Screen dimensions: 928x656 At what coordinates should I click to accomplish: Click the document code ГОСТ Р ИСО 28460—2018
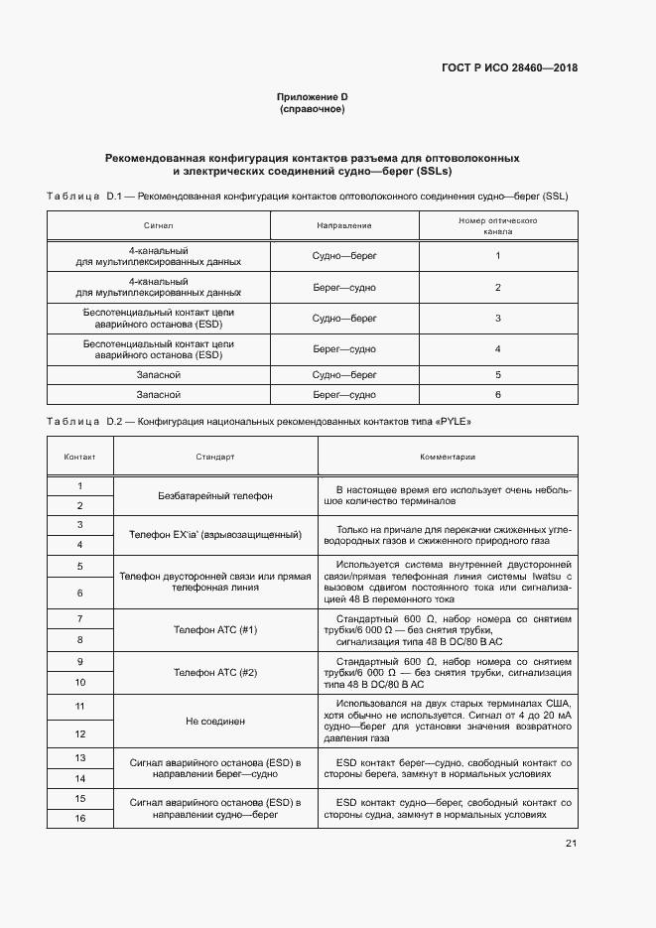(x=508, y=68)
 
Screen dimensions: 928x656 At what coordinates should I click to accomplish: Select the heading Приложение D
(x=313, y=96)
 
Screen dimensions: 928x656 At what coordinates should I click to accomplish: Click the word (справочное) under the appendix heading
(x=313, y=109)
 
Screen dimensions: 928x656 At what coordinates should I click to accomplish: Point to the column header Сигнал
(x=158, y=226)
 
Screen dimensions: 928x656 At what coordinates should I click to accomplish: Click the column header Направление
(x=344, y=226)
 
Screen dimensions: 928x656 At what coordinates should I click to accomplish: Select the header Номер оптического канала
(x=497, y=226)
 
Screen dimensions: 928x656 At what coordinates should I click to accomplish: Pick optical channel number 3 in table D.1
(x=497, y=318)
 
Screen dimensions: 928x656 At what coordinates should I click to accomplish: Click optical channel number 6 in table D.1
(x=497, y=394)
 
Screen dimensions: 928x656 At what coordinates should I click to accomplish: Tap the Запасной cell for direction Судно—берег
(x=158, y=375)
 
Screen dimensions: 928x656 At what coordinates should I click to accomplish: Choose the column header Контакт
(x=79, y=458)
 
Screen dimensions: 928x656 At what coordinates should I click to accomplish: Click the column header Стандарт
(x=215, y=458)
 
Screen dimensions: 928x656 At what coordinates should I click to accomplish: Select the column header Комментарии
(x=447, y=458)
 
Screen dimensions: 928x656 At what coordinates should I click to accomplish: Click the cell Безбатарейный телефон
(x=215, y=495)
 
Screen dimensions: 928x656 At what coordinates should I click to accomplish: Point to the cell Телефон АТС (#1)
(x=215, y=629)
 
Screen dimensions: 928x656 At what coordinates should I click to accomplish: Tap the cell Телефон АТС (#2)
(x=215, y=672)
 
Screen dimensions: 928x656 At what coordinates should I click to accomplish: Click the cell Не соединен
(x=215, y=721)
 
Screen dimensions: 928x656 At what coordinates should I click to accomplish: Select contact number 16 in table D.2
(x=79, y=818)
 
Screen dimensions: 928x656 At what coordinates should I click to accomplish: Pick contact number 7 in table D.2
(x=79, y=618)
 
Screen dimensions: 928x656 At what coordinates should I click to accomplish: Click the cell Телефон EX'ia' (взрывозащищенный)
(x=215, y=535)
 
